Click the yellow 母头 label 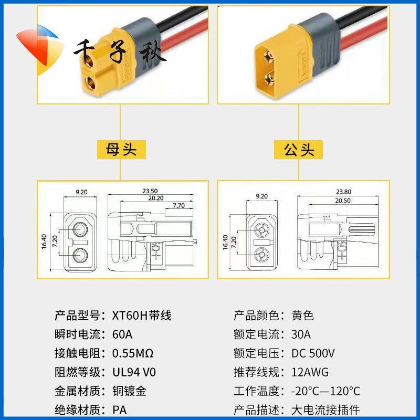pyautogui.click(x=121, y=150)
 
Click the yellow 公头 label pyautogui.click(x=299, y=150)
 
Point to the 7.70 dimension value pyautogui.click(x=178, y=206)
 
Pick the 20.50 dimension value pyautogui.click(x=342, y=201)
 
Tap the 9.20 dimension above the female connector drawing pyautogui.click(x=81, y=192)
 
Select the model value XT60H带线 pyautogui.click(x=142, y=316)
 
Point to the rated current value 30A pyautogui.click(x=301, y=334)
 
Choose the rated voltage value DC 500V pyautogui.click(x=313, y=353)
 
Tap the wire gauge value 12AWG pyautogui.click(x=310, y=372)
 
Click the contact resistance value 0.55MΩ pyautogui.click(x=133, y=353)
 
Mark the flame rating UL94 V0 pyautogui.click(x=134, y=372)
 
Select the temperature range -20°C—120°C pyautogui.click(x=325, y=391)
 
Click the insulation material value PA pyautogui.click(x=120, y=409)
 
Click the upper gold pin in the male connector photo pyautogui.click(x=269, y=54)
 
